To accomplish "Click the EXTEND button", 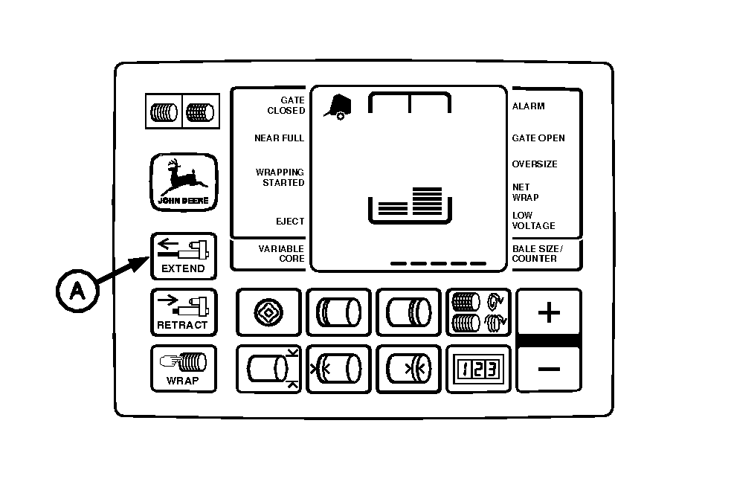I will click(184, 256).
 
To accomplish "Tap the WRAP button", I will click(184, 370).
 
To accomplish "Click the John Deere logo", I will click(184, 182).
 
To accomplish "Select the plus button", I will click(549, 313).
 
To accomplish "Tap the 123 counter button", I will click(478, 370).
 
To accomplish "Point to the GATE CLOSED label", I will click(286, 106).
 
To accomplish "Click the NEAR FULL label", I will click(279, 138).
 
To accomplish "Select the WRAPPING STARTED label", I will click(280, 178).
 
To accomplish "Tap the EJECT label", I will click(291, 222).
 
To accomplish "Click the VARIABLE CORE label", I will click(281, 254).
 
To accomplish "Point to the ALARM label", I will click(529, 106).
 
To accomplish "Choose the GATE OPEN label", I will click(538, 138).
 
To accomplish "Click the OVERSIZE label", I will click(535, 164).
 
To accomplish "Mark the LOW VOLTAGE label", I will click(534, 221).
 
